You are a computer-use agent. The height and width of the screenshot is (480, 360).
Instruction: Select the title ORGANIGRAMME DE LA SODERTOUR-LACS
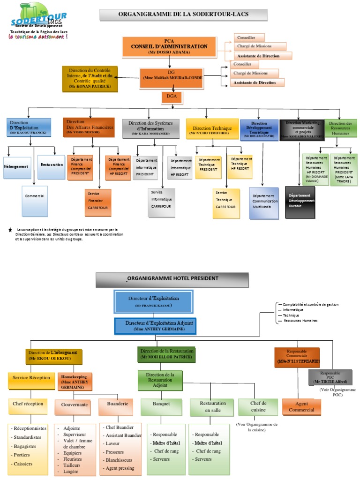coord(183,15)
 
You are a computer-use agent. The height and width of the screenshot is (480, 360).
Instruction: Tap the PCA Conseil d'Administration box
coord(169,46)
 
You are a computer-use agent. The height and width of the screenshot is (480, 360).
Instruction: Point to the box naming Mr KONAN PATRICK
coord(90,78)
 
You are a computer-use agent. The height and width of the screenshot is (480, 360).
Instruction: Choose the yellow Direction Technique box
coord(209,128)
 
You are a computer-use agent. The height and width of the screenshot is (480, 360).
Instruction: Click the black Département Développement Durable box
coord(300,202)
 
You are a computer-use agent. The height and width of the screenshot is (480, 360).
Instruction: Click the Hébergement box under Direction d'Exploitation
coord(17,167)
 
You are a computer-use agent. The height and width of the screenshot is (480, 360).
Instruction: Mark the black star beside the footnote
coord(10,230)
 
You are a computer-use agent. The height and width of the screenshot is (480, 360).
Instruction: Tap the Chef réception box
coord(28,404)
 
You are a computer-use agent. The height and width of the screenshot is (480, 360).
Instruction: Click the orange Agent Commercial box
coord(301,406)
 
